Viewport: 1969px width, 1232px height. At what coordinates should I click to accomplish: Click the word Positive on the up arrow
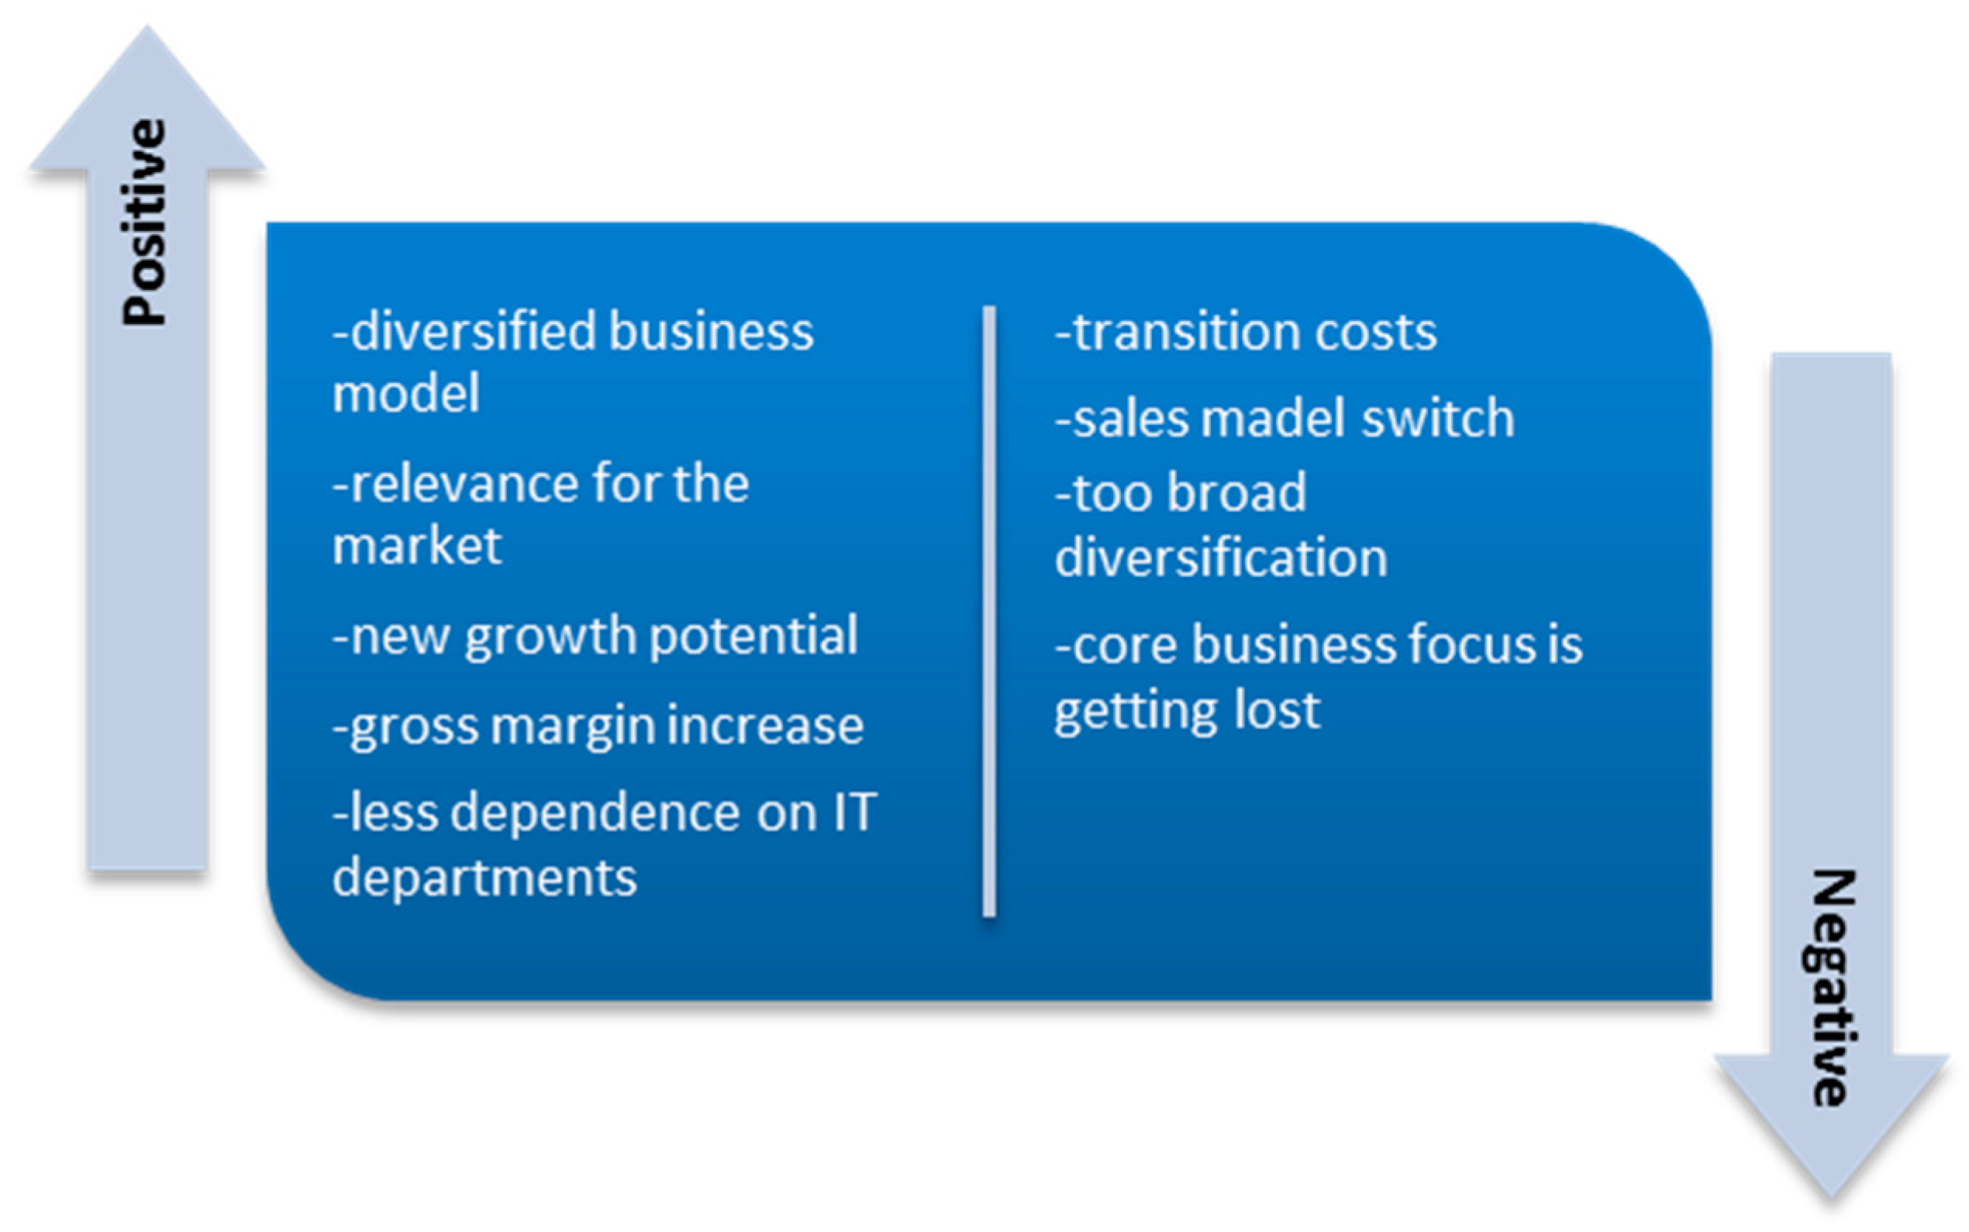point(145,223)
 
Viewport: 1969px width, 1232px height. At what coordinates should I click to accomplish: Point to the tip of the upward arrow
point(147,26)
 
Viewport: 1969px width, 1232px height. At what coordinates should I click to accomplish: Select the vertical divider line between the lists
point(989,611)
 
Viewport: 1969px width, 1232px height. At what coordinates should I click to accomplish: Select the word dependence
point(595,813)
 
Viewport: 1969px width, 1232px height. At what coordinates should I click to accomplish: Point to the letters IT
point(853,813)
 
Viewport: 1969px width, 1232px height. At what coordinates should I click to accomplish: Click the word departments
point(484,879)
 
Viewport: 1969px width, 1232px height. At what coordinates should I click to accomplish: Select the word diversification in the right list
point(1221,557)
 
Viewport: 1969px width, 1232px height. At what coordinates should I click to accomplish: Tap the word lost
point(1278,709)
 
